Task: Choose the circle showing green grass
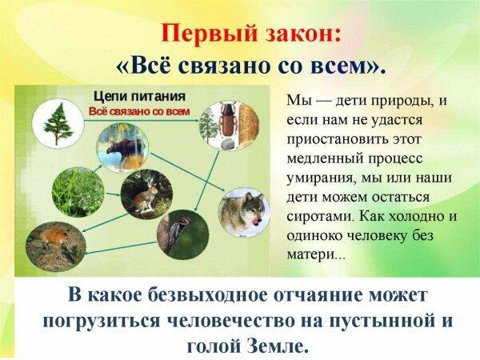(77, 190)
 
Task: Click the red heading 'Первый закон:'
(241, 34)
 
